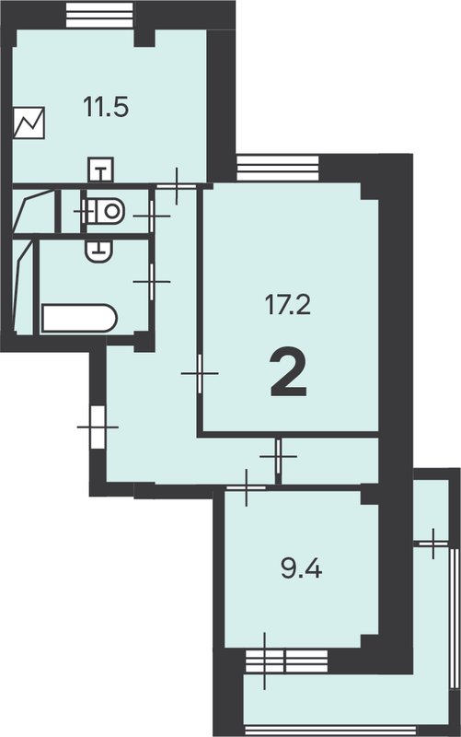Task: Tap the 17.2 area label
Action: pos(288,306)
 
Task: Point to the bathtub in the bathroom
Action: pos(79,319)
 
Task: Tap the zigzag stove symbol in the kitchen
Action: pos(29,123)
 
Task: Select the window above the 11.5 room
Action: pos(100,15)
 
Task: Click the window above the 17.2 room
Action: pos(278,168)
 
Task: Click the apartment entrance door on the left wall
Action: pos(98,427)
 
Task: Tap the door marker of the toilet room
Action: pos(152,216)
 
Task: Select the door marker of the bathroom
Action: pos(152,282)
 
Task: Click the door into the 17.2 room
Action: pos(200,373)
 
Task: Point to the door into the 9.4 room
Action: pos(247,488)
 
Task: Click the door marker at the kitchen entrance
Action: pos(177,186)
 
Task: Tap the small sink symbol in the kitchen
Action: pos(100,170)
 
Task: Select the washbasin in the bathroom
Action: pos(99,250)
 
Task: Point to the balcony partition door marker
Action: pos(433,544)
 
